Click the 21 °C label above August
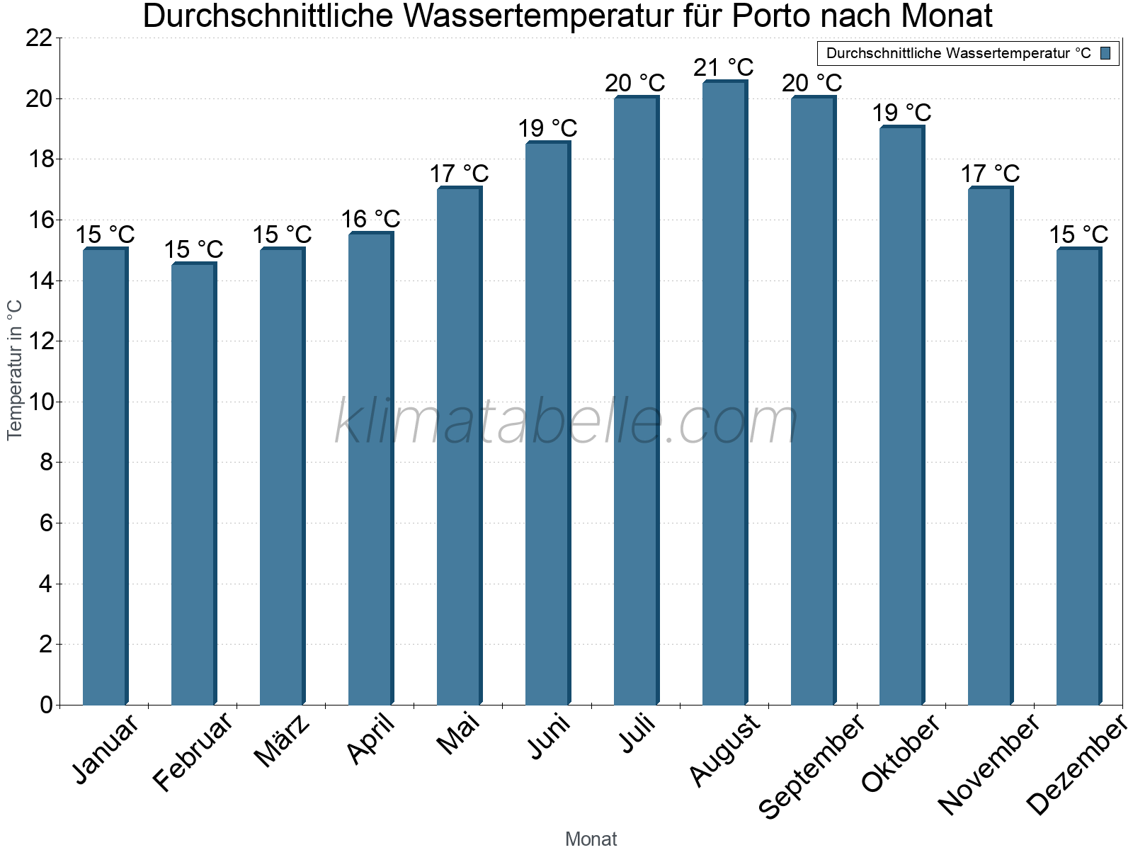point(723,67)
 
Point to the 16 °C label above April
point(370,219)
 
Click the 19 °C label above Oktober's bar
point(901,113)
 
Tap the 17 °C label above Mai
point(459,174)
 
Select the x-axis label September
point(812,766)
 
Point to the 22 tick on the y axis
point(39,38)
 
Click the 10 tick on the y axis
point(39,402)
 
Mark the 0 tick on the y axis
point(47,705)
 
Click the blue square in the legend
point(1106,53)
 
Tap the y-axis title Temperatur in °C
point(15,370)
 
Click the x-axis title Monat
point(591,839)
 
